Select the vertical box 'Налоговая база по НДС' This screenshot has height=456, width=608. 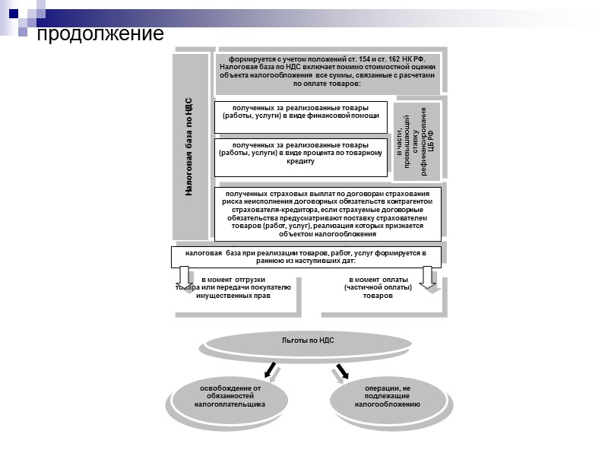189,147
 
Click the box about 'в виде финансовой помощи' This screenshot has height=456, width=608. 301,116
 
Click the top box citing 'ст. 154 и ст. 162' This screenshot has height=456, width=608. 327,71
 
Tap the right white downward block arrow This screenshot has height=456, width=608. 429,277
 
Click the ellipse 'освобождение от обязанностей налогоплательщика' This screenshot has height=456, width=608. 230,397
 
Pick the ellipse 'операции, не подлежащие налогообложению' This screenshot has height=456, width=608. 387,397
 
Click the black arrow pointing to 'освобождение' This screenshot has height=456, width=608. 269,370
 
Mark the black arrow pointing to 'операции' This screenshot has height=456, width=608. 341,370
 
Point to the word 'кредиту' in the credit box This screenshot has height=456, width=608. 301,162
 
